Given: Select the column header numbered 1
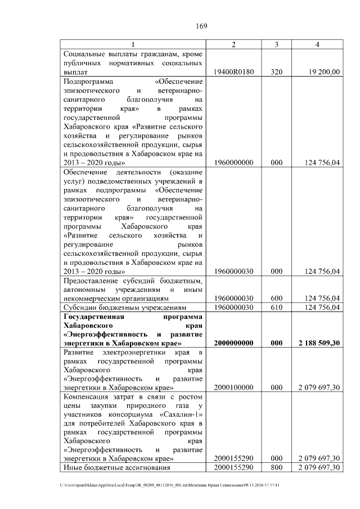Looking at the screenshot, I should tap(133, 44).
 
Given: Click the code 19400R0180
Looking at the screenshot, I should tap(235, 72).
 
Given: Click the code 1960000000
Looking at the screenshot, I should tap(235, 163).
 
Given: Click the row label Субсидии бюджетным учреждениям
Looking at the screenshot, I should tap(124, 308).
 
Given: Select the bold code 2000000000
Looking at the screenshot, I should tap(235, 343).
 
